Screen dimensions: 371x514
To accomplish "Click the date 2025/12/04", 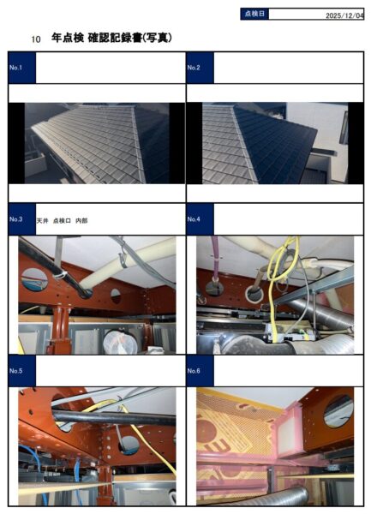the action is point(344,15).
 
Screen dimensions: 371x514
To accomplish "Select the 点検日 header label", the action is point(254,14).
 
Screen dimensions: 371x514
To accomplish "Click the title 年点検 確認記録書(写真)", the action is point(111,38).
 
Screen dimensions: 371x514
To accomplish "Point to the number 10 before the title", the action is point(36,39).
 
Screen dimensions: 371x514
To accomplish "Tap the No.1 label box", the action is point(22,68).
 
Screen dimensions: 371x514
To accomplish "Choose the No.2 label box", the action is point(200,68).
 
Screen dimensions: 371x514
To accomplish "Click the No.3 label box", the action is point(22,219).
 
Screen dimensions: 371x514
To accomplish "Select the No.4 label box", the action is point(200,219).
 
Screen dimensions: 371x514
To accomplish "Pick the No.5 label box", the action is point(22,371).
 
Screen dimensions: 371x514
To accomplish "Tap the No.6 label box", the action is point(200,371).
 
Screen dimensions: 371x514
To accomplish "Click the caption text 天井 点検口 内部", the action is point(62,221).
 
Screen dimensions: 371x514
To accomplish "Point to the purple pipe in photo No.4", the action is point(215,259).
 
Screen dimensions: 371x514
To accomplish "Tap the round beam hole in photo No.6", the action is point(338,410).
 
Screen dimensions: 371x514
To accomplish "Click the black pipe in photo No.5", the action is point(114,418).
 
